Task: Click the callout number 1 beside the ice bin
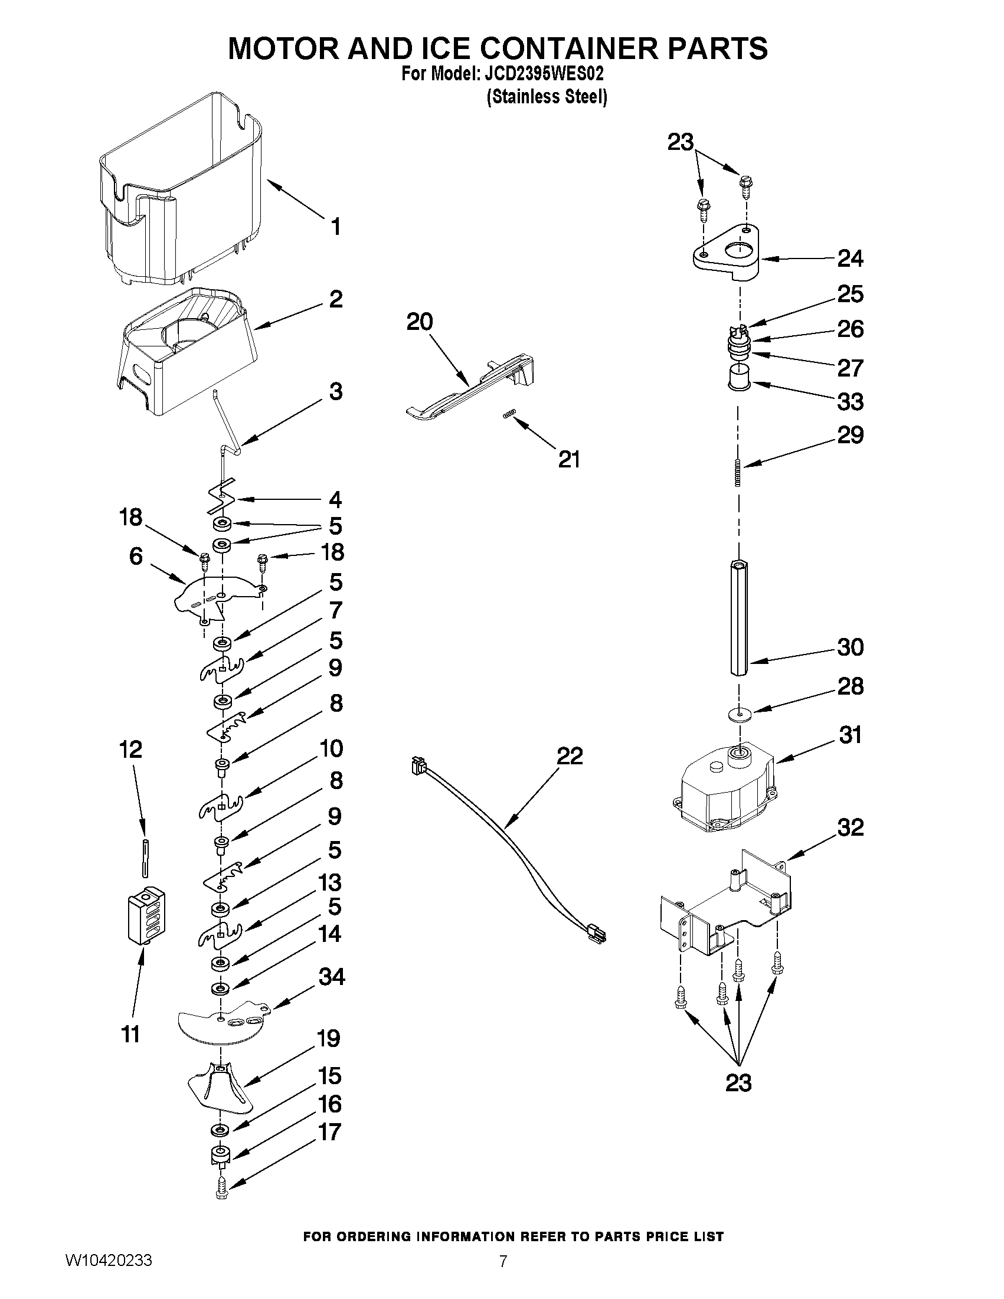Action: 335,227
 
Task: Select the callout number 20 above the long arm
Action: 419,322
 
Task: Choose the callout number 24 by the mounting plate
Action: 850,258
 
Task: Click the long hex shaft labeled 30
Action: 739,619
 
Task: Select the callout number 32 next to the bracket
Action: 850,827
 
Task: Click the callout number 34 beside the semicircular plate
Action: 331,976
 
